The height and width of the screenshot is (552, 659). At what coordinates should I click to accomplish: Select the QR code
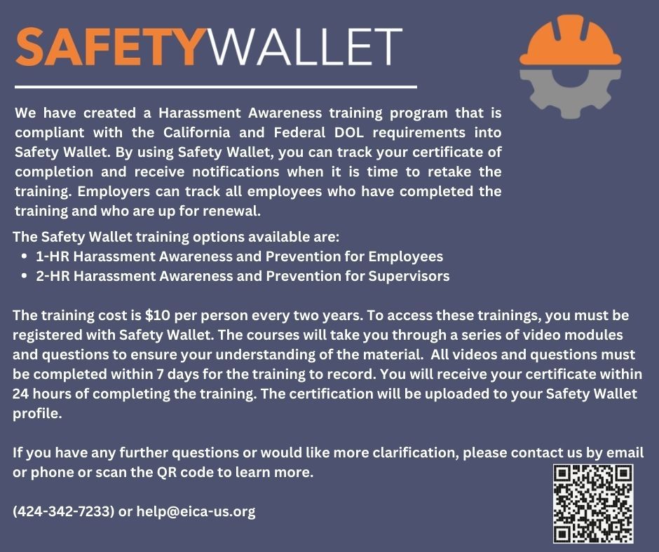click(x=593, y=504)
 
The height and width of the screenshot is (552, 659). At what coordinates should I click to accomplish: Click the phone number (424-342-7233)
click(x=64, y=511)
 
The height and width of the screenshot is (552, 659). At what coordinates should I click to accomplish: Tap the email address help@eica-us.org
click(x=196, y=511)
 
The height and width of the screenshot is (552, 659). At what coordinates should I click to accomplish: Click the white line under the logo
click(x=215, y=87)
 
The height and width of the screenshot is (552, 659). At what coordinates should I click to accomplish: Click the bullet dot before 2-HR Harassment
click(x=25, y=276)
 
